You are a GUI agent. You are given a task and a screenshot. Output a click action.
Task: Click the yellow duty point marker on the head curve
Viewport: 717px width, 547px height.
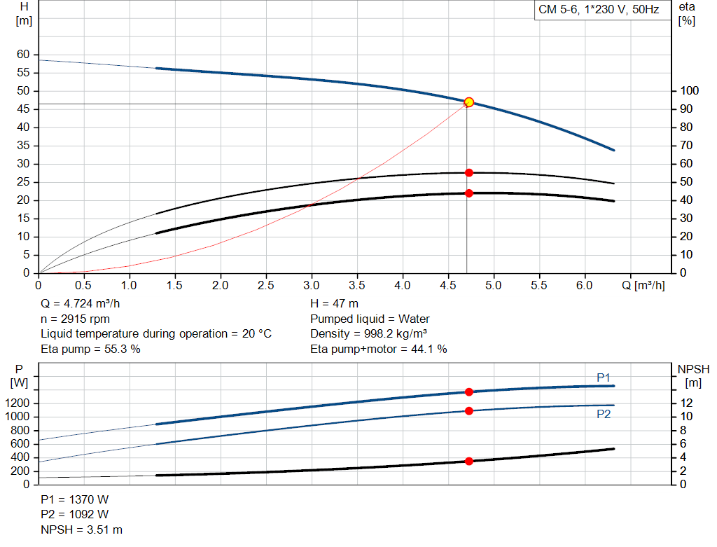coord(469,102)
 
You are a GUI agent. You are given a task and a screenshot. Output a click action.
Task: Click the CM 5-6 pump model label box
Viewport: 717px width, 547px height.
coord(599,11)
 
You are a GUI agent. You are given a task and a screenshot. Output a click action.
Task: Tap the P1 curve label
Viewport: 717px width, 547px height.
coord(604,378)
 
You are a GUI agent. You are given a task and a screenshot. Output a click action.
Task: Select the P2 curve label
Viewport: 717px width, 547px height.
coord(604,414)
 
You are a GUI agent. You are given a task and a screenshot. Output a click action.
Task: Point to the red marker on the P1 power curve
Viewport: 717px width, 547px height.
coord(469,392)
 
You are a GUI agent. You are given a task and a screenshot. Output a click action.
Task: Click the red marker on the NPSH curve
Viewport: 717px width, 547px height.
coord(469,461)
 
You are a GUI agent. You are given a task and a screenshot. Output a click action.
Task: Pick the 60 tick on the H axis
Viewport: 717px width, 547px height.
coord(23,55)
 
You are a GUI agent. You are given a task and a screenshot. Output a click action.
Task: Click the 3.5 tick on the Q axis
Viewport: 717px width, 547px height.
coord(357,286)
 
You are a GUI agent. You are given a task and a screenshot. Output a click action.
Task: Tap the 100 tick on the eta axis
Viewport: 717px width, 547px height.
coord(690,91)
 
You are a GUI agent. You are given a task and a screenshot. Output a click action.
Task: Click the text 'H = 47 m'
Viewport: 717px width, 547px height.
coord(334,305)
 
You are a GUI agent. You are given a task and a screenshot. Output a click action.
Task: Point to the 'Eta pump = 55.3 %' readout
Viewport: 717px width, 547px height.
coord(90,349)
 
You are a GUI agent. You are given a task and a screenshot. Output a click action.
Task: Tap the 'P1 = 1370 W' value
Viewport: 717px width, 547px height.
coord(75,500)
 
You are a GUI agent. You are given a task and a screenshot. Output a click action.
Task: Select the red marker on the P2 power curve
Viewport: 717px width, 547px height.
coord(469,410)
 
